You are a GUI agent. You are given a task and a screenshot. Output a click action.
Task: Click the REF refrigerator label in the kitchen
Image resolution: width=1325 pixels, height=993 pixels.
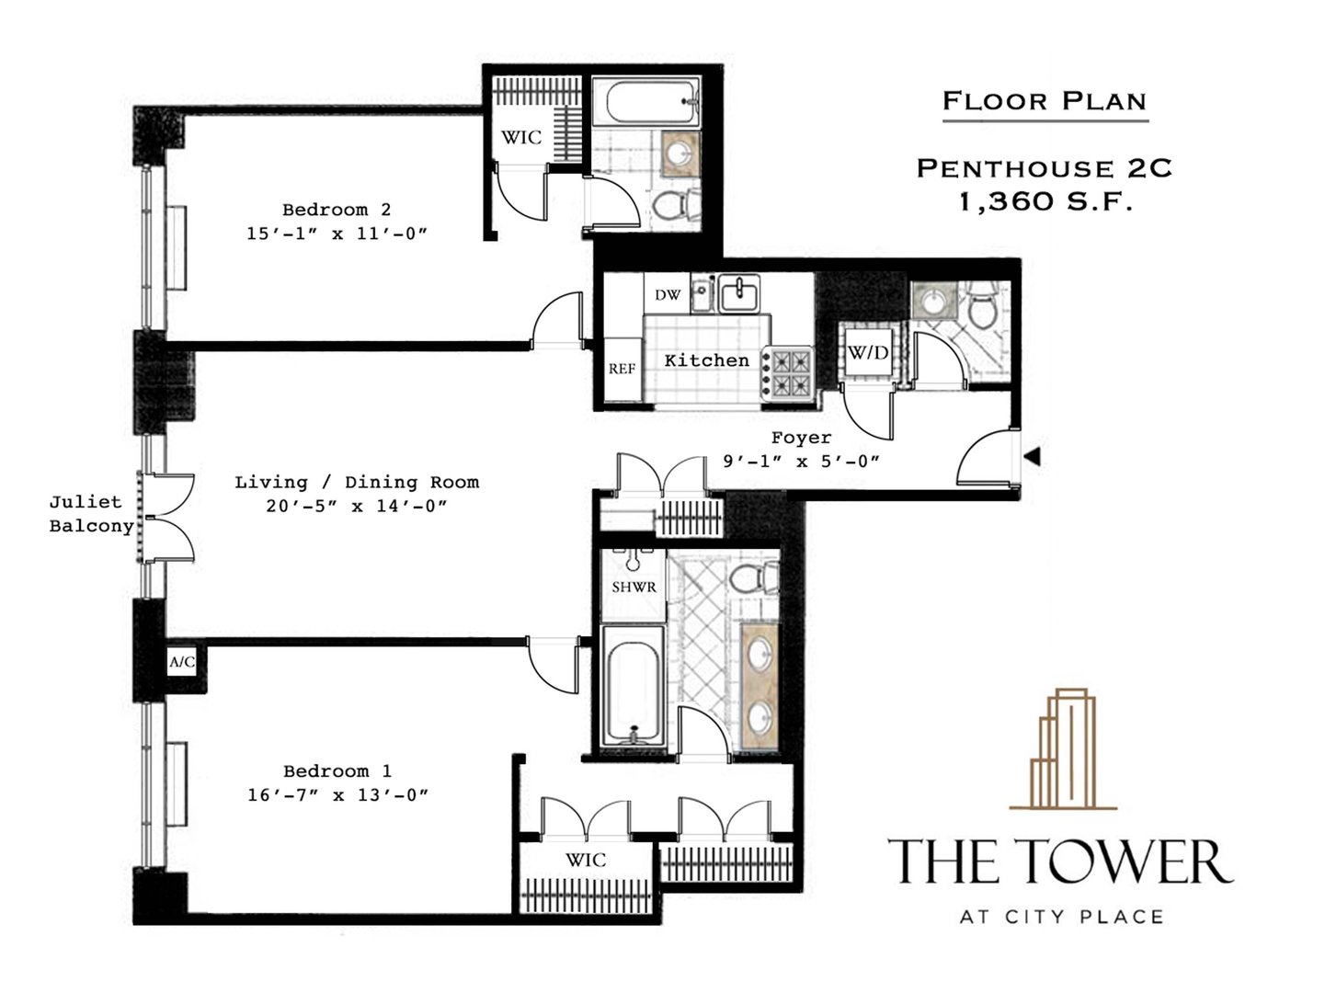point(622,369)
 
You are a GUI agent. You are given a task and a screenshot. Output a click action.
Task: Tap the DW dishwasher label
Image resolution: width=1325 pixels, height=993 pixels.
point(668,295)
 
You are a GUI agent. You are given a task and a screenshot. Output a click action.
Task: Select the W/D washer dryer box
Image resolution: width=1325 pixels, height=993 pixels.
point(868,352)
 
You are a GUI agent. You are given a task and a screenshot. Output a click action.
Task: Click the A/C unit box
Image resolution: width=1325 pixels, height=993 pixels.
point(182,662)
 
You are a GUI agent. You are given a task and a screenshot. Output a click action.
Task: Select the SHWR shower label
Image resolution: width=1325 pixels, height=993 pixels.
point(634,586)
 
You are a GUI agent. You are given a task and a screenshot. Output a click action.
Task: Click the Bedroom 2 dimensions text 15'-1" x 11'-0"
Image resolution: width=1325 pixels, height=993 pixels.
point(337,234)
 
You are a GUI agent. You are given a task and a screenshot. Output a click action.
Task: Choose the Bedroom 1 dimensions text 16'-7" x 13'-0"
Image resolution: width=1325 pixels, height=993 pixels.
point(337,794)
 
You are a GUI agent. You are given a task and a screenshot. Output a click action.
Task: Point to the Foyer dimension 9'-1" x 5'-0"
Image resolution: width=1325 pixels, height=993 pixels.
point(801,462)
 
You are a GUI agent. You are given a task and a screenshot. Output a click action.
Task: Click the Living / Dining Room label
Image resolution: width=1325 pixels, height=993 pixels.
point(357,482)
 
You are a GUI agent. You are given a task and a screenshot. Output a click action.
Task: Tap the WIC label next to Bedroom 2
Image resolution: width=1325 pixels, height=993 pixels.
point(520,137)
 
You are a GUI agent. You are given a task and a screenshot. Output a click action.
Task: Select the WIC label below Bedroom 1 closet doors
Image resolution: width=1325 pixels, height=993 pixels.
point(586,860)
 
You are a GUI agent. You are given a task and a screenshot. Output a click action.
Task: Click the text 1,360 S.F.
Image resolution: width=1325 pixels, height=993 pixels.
point(1045,201)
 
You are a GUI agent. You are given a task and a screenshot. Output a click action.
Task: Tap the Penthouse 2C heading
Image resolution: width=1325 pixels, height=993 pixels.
point(1045,168)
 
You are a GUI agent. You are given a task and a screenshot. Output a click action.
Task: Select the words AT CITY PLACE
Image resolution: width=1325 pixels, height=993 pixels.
point(1061,917)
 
